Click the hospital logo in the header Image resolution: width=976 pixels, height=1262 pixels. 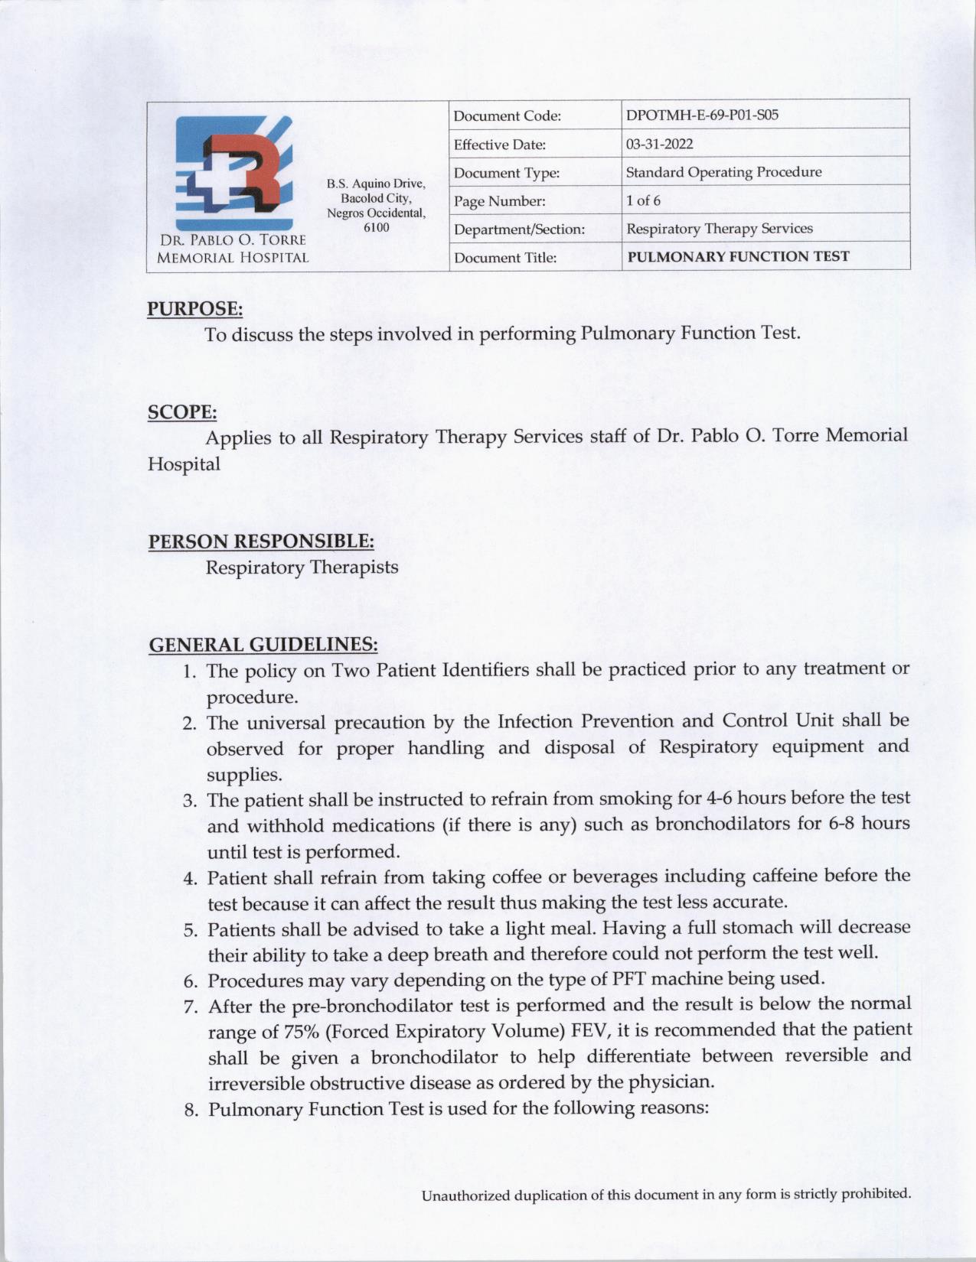[x=233, y=174]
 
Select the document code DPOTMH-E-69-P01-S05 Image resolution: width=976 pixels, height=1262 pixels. [x=702, y=115]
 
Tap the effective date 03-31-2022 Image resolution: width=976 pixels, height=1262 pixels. [x=648, y=144]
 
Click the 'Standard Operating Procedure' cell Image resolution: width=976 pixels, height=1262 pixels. [x=723, y=172]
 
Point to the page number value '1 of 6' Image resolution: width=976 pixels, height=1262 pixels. [x=643, y=200]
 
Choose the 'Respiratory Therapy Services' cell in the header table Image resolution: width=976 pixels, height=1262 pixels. [x=720, y=229]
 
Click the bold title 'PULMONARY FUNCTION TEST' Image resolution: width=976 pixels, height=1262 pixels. [x=738, y=257]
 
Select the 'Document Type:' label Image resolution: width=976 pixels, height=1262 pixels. [x=507, y=173]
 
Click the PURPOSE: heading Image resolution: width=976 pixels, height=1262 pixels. [x=195, y=309]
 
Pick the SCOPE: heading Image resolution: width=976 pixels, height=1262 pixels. [x=182, y=412]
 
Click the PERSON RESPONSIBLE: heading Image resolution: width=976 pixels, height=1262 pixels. [x=261, y=542]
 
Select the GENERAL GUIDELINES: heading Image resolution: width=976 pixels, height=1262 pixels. [x=263, y=645]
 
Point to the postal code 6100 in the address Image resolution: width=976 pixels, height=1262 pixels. [x=376, y=227]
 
